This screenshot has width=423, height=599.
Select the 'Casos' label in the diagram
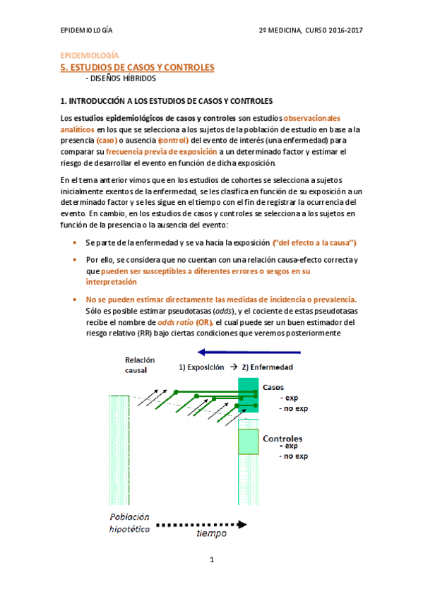(273, 388)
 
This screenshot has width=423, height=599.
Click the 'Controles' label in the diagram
(283, 439)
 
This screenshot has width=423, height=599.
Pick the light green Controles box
(249, 441)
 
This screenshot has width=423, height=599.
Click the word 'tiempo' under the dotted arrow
(211, 535)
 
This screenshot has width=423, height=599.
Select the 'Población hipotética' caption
(129, 523)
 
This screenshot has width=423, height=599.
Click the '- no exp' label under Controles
(292, 456)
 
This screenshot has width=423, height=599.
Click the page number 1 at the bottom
(211, 559)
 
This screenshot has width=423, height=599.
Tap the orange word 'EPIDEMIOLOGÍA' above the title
(88, 56)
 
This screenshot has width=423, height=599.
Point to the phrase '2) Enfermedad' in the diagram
(267, 367)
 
